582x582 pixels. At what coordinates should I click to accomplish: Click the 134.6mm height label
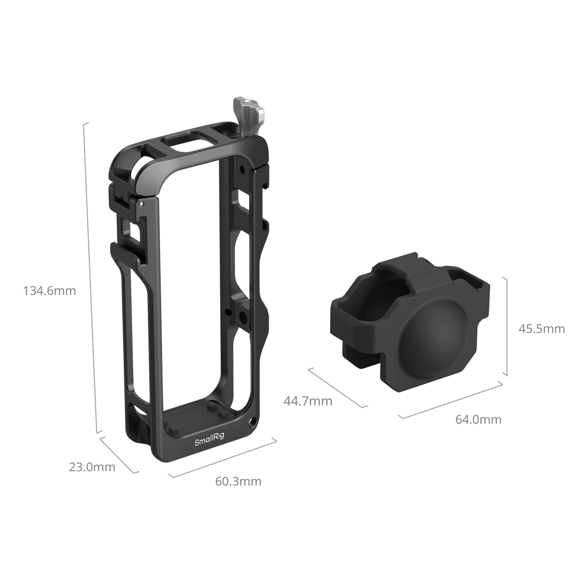pyautogui.click(x=49, y=281)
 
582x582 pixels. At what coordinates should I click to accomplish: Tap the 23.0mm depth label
pyautogui.click(x=92, y=467)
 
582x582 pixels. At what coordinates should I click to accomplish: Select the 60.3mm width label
pyautogui.click(x=238, y=481)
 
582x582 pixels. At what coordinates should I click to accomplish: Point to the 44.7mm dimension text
pyautogui.click(x=308, y=401)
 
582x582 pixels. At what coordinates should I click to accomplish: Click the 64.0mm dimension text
pyautogui.click(x=478, y=419)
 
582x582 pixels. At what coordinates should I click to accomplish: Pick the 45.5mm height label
pyautogui.click(x=542, y=329)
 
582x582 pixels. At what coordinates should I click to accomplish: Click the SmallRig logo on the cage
pyautogui.click(x=209, y=442)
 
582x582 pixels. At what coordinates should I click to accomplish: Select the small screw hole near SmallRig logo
pyautogui.click(x=251, y=423)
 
